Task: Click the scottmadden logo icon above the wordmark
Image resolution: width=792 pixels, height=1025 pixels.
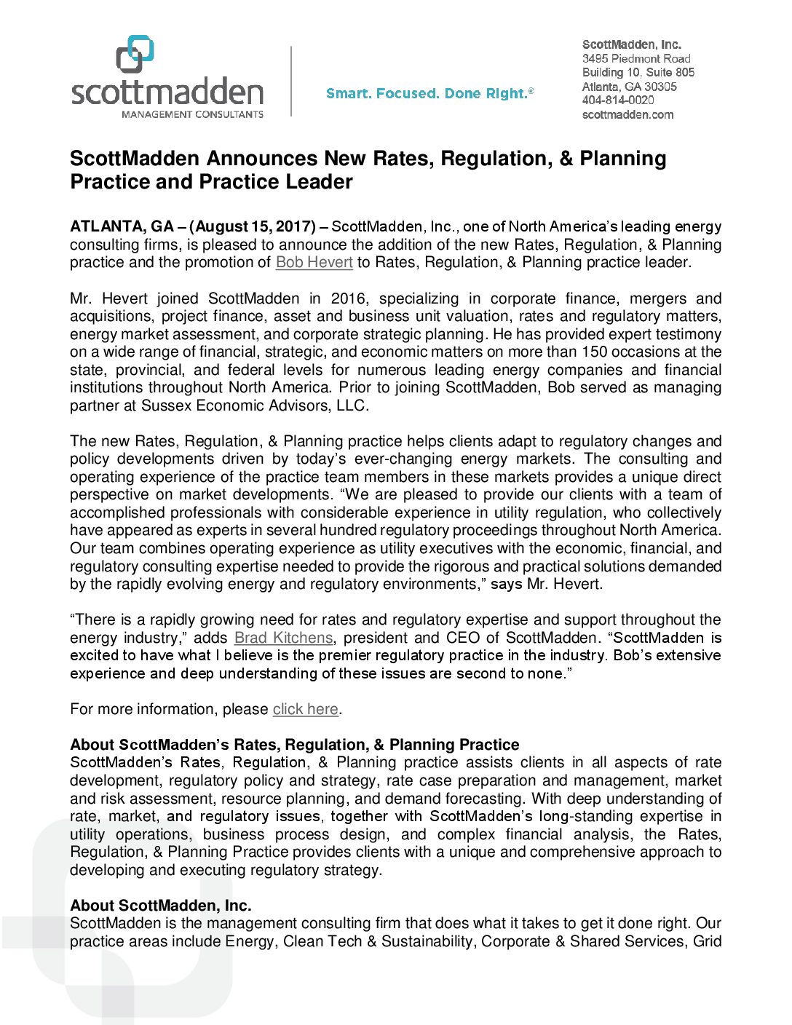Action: (x=135, y=54)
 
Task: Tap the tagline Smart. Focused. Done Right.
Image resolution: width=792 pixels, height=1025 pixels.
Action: (x=429, y=94)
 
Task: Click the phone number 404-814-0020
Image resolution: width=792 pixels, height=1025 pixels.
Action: (x=617, y=100)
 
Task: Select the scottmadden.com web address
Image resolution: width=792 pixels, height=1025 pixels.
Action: (x=627, y=115)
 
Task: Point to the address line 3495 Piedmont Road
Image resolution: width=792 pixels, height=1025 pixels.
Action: (x=635, y=58)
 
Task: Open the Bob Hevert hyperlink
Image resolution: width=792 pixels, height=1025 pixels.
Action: (x=314, y=263)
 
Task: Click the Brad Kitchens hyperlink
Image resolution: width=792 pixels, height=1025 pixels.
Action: (x=283, y=638)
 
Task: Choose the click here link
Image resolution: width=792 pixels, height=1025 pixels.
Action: (x=305, y=710)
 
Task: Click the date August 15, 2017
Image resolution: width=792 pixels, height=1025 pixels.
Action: (x=253, y=227)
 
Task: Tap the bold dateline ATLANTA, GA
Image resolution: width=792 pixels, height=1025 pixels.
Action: (x=122, y=227)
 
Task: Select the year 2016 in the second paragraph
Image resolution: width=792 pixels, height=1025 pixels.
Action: (x=349, y=299)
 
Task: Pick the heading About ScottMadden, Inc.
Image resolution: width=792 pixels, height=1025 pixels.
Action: (x=160, y=906)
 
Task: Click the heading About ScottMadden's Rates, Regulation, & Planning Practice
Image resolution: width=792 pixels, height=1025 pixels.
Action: (x=294, y=745)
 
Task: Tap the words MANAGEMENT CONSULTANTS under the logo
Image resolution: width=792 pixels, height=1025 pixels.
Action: (x=192, y=114)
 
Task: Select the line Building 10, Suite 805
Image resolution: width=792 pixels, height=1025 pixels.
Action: (x=638, y=72)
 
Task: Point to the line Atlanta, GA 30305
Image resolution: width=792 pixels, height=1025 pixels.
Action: (x=629, y=87)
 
